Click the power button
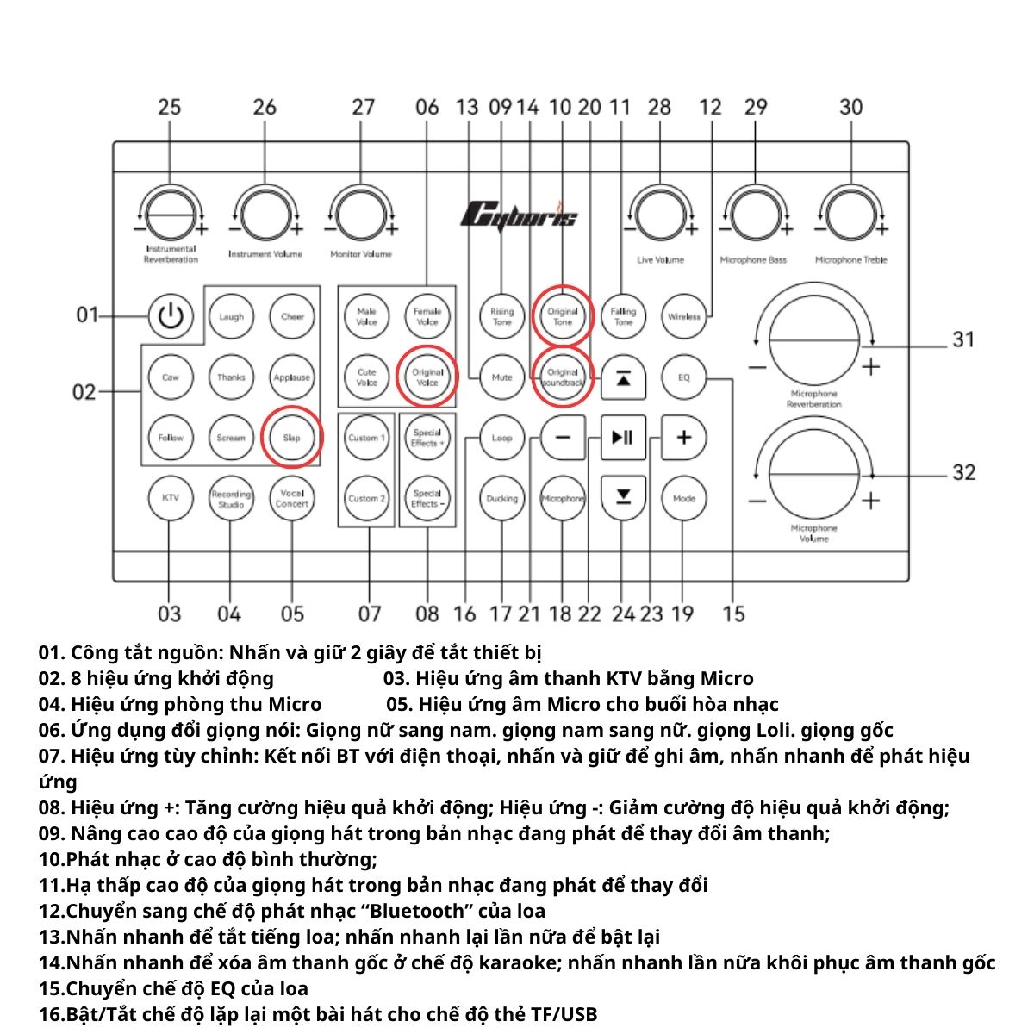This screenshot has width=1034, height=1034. (171, 316)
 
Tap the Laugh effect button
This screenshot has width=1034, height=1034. (231, 316)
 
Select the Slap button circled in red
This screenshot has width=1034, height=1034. (292, 438)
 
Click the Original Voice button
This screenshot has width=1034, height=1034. (427, 377)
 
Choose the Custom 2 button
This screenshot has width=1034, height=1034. (366, 498)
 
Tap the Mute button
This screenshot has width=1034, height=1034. (501, 377)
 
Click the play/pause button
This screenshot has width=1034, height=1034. (622, 438)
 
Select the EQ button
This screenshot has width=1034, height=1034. (683, 377)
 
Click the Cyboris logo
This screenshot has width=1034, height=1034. (519, 215)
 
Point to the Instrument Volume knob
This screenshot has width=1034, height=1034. (265, 211)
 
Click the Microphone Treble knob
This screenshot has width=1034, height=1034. (850, 211)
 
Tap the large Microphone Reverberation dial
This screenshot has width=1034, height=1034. (813, 340)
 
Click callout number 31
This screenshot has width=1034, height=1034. (962, 339)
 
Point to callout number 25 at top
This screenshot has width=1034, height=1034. (169, 107)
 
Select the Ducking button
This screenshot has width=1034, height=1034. (501, 498)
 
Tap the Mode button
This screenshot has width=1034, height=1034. (683, 498)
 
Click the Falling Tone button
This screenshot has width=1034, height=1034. (622, 316)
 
